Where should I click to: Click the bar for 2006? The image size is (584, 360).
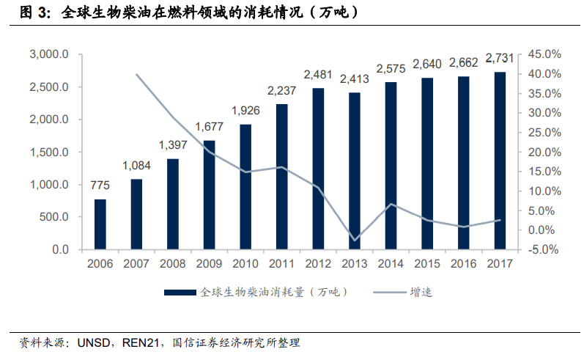100,224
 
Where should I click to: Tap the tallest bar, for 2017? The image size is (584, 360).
500,161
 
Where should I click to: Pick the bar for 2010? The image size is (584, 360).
245,187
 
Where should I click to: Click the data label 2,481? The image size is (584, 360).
318,75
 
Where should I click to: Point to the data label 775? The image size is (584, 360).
100,185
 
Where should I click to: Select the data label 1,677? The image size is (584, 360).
209,127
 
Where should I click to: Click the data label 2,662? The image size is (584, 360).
463,63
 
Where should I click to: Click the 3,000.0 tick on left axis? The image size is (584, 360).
49,55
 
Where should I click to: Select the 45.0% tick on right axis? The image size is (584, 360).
544,55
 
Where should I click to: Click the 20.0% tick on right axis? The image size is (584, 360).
544,153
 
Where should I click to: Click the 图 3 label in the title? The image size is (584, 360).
32,12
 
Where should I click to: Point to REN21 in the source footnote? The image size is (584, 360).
138,343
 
